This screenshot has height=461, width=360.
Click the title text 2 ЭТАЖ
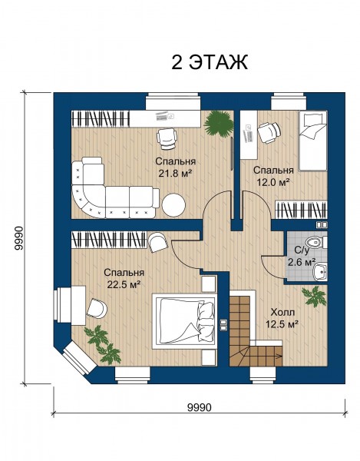point(210,62)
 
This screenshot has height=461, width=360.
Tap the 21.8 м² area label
point(175,174)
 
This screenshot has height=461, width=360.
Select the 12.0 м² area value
point(273,182)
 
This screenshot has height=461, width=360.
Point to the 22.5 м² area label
point(124,284)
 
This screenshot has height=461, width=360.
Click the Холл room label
point(282,312)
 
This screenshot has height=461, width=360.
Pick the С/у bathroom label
point(302,250)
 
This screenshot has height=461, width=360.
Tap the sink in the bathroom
point(320,272)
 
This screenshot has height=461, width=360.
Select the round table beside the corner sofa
point(173,205)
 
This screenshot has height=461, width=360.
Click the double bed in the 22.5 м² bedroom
point(185,320)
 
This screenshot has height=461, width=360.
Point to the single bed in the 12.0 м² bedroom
point(312,141)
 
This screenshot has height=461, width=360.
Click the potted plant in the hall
point(314,297)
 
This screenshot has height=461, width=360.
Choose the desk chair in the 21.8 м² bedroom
point(167,139)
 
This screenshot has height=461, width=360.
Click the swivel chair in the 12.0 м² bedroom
point(269,132)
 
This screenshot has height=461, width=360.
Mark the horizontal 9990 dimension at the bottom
point(200,407)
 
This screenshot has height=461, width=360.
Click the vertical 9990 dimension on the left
point(18,238)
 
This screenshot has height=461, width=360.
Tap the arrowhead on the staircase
point(281,356)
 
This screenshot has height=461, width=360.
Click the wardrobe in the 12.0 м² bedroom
point(301,210)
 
